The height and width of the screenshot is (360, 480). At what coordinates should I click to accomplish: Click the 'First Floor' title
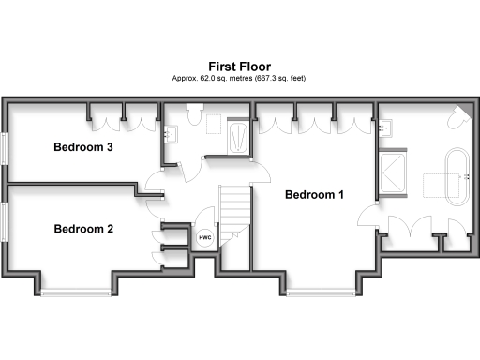(x=240, y=67)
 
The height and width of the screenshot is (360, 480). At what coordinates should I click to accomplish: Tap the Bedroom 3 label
(x=83, y=147)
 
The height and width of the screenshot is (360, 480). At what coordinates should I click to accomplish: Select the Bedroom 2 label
(x=83, y=229)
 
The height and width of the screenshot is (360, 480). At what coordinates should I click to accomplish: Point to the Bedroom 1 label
(x=314, y=195)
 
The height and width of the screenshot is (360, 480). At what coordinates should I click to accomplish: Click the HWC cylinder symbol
(x=203, y=239)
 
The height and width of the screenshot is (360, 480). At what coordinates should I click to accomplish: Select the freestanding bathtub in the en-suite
(x=458, y=175)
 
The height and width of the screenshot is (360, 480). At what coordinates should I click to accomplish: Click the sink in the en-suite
(x=387, y=130)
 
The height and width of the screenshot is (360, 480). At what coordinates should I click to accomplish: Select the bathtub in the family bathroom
(x=239, y=136)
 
